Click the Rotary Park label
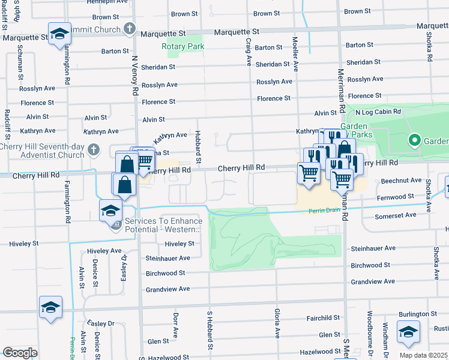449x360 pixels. [x=183, y=46]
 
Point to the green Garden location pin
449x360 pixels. [x=414, y=141]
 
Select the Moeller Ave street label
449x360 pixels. [x=295, y=50]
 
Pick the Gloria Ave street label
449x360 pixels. [x=277, y=323]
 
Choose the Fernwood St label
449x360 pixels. [x=395, y=196]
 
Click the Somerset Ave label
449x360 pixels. [x=395, y=215]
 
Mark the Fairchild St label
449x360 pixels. [x=323, y=318]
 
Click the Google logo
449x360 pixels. [x=20, y=353]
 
